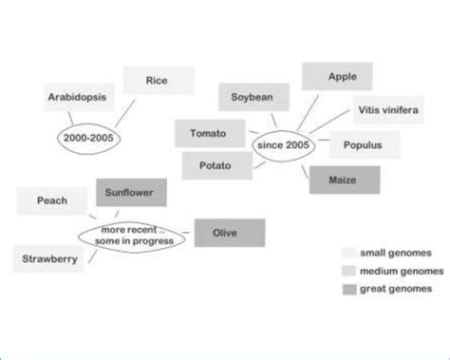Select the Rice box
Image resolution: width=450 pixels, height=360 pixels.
point(158,80)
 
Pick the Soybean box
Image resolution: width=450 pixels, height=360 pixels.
point(253,97)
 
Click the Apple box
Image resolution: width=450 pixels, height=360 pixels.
point(342,76)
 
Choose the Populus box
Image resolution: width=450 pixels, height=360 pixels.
point(364,146)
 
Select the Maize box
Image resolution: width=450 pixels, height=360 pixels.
point(342,179)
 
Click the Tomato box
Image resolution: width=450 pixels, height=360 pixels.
point(207,133)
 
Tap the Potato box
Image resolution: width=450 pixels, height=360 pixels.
point(216,165)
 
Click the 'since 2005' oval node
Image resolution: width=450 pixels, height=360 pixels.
point(282,145)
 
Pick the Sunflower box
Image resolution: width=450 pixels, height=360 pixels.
point(130,193)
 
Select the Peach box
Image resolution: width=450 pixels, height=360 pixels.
point(51,200)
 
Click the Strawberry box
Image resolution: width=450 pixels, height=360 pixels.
point(47,257)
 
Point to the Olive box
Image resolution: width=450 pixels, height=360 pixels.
point(229,233)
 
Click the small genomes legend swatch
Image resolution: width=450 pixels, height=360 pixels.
point(348,254)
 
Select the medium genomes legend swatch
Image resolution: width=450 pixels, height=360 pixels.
point(348,271)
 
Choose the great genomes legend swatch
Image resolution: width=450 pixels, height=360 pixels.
point(348,288)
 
